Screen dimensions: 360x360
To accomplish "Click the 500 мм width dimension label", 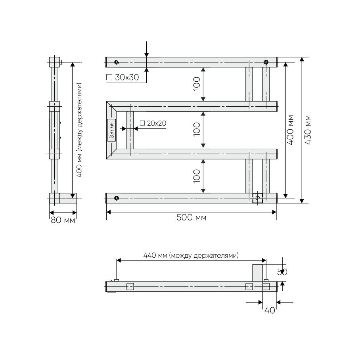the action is (191, 217).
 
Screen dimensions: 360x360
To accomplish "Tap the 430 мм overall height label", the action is (308, 130).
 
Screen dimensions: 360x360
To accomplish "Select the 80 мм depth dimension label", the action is (63, 220).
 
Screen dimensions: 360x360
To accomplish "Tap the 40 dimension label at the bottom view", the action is (270, 310).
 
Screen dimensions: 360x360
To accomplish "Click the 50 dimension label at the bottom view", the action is (282, 272).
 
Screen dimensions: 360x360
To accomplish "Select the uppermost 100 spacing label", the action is (197, 84).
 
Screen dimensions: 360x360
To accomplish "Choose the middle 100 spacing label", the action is (197, 129).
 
